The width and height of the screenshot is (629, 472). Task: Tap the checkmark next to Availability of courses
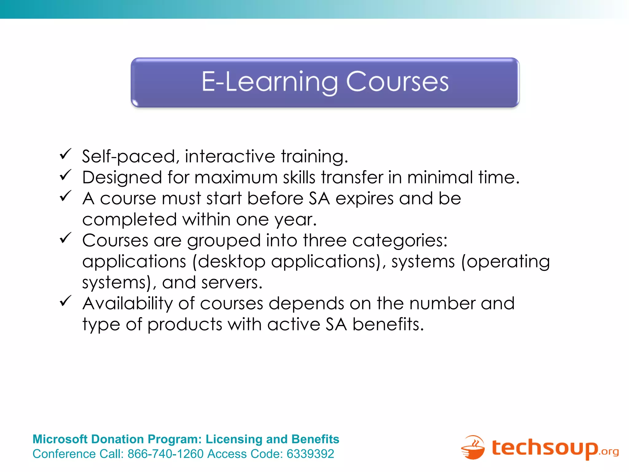65,301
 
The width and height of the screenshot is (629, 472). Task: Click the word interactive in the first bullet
230,156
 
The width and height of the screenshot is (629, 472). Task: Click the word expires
364,199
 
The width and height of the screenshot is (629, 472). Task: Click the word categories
400,241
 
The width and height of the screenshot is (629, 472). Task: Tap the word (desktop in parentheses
229,262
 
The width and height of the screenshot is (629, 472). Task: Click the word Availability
128,304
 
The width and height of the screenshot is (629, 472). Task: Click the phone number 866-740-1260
166,454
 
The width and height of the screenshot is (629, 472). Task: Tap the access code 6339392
310,454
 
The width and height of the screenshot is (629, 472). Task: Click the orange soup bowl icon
473,448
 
